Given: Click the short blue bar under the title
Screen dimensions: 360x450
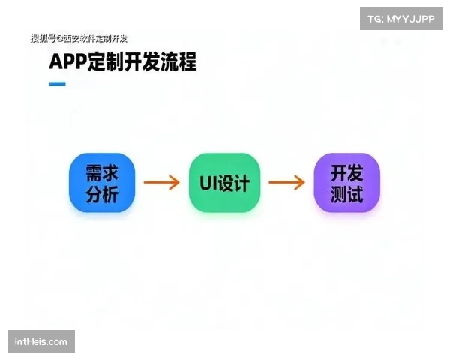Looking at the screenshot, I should click(x=57, y=83).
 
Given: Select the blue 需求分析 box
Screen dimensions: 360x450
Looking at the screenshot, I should click(x=101, y=183).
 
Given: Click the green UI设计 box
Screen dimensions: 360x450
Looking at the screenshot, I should click(x=224, y=183).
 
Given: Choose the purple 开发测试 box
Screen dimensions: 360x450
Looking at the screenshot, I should click(x=346, y=183).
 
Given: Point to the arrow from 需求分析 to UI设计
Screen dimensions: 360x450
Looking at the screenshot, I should click(x=161, y=183).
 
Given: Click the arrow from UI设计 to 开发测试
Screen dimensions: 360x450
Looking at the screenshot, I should click(x=286, y=183).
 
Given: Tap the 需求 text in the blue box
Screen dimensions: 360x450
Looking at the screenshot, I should click(x=101, y=172).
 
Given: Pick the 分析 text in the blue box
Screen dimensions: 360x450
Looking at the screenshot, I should click(x=101, y=194).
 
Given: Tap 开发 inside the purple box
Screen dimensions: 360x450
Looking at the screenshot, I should click(x=346, y=172).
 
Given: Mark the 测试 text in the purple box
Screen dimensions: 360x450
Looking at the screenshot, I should click(x=346, y=194).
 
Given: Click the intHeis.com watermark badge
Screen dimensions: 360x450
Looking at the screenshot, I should click(x=41, y=342).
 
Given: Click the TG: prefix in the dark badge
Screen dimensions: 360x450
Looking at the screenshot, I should click(x=376, y=18).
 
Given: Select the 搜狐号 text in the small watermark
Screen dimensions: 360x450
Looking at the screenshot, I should click(x=43, y=39).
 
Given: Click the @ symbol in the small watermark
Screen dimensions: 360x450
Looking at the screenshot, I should click(x=59, y=39).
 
